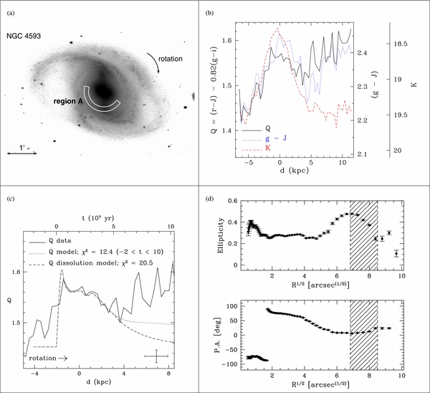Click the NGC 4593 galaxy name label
24,36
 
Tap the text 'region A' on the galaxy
68,101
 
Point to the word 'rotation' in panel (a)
171,59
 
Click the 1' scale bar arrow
21,153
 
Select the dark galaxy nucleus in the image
102,91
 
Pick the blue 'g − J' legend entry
264,138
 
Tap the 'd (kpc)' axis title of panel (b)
295,171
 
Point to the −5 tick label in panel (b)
249,162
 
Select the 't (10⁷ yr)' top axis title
97,218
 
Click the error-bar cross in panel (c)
156,356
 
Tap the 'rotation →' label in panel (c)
48,358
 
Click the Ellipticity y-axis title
221,235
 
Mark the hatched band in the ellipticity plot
364,236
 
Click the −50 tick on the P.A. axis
232,350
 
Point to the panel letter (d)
210,199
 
